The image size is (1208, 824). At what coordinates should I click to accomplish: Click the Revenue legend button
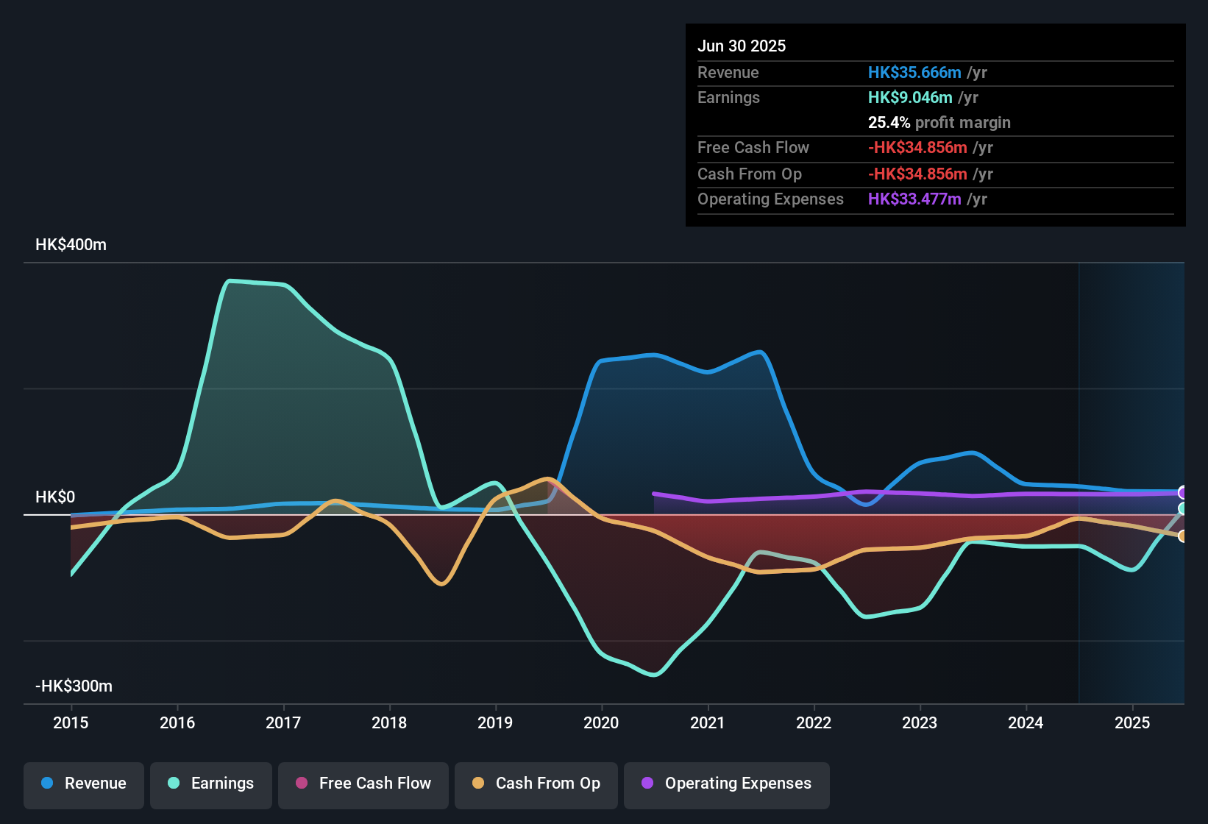point(84,784)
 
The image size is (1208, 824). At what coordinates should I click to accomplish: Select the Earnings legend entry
point(211,784)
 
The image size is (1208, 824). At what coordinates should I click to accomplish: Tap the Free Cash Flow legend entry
point(363,784)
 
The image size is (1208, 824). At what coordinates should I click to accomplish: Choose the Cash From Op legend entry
point(536,784)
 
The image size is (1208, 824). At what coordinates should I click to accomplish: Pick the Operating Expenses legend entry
point(727,784)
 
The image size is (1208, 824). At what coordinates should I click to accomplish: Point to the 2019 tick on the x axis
point(495,722)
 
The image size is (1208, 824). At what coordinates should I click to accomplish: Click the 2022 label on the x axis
point(814,722)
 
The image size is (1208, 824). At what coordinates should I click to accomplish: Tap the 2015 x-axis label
point(71,722)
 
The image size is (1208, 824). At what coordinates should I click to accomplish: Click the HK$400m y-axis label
point(71,245)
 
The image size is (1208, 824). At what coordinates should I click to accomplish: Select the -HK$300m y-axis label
point(74,686)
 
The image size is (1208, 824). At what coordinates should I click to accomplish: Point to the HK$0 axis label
point(55,497)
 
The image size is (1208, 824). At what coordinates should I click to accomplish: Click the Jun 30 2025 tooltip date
point(742,46)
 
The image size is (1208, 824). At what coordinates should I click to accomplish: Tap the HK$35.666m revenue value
point(914,73)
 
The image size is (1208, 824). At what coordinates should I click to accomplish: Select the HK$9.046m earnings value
point(910,98)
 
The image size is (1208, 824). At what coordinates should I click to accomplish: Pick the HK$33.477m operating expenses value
point(914,199)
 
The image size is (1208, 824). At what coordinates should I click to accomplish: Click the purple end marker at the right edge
point(1182,492)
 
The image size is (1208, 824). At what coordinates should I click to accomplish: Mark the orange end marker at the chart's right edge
point(1182,536)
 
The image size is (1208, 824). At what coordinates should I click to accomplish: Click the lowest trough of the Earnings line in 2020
point(654,674)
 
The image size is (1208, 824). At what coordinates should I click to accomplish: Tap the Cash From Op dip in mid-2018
point(441,583)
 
